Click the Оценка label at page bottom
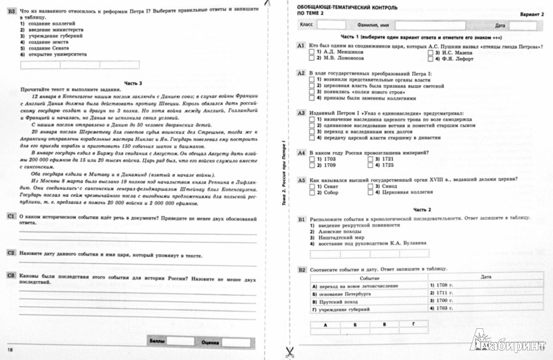coord(209,341)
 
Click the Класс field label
coord(306,24)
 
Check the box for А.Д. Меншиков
coord(312,52)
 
